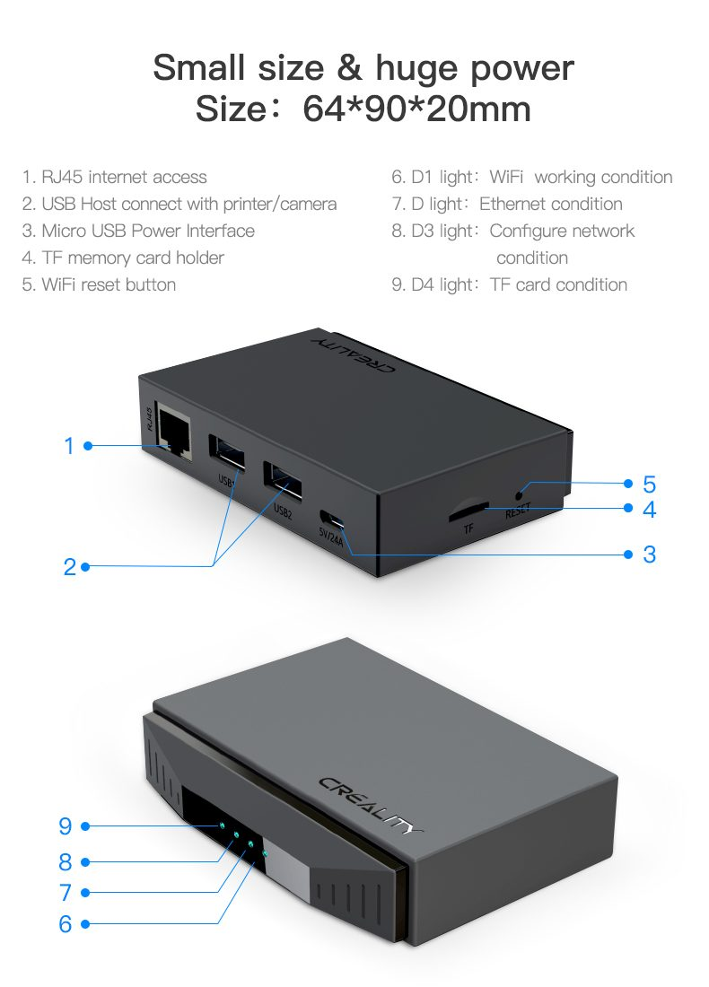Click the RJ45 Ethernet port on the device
click(x=174, y=432)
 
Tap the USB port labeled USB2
click(x=282, y=482)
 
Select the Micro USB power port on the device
click(x=332, y=520)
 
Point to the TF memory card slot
click(x=468, y=511)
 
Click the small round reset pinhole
click(x=519, y=496)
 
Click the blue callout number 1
click(x=69, y=446)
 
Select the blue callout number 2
click(x=69, y=566)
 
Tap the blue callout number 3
click(x=649, y=555)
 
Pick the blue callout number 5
click(x=649, y=484)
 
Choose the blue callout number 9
click(x=66, y=825)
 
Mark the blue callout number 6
click(x=66, y=923)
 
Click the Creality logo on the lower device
click(x=371, y=805)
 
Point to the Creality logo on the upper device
click(x=354, y=354)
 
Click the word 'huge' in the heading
click(x=417, y=69)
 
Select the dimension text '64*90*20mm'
click(x=416, y=109)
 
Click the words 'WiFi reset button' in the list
click(x=109, y=284)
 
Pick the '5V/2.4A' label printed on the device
click(x=330, y=537)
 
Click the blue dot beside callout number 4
click(x=627, y=508)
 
